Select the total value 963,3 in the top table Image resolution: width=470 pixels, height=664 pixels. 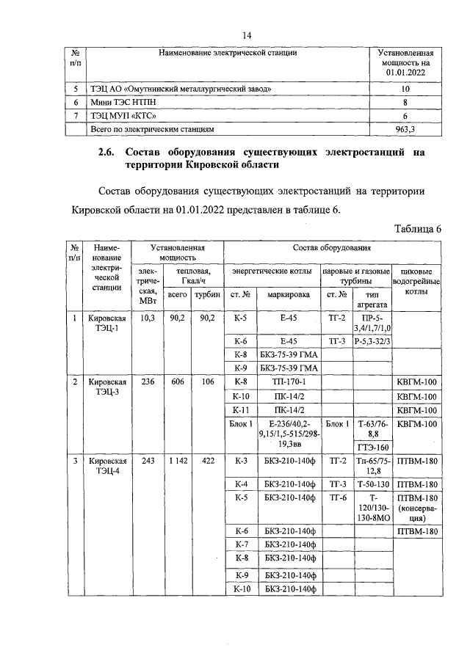tap(405, 128)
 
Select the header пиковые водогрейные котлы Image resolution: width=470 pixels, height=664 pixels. tap(416, 282)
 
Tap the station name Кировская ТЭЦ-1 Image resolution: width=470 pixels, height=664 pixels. tap(107, 323)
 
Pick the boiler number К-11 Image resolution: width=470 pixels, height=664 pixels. tap(242, 410)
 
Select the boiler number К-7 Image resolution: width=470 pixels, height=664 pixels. tap(242, 544)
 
